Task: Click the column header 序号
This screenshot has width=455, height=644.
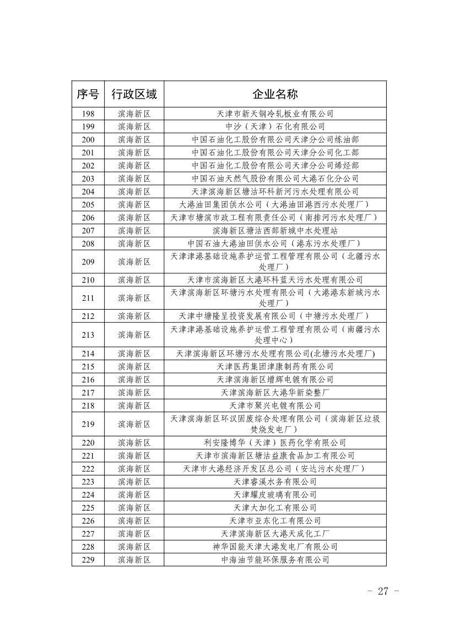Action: (88, 94)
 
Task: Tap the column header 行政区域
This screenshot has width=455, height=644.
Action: (134, 94)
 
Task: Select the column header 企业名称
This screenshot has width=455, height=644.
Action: (275, 94)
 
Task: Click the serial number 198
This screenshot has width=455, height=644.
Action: (88, 114)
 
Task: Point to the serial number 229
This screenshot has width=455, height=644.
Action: (88, 560)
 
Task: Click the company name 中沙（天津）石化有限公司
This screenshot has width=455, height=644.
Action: (275, 127)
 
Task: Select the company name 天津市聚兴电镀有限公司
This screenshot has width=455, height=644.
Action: (275, 405)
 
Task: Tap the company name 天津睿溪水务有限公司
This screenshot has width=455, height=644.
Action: (275, 481)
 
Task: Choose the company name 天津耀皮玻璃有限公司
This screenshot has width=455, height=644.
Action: (275, 495)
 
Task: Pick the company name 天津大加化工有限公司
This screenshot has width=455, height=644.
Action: (275, 507)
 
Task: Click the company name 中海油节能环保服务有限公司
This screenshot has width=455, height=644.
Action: (275, 560)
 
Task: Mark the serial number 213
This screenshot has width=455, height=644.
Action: (88, 334)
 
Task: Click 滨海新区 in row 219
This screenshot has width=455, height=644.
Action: (134, 424)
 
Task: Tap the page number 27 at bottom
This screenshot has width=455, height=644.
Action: (382, 592)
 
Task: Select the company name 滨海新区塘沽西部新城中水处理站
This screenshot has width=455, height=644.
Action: (275, 230)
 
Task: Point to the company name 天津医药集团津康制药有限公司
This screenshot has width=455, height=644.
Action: (275, 366)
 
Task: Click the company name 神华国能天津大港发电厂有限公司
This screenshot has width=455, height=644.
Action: (275, 546)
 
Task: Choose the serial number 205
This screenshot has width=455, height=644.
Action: (88, 204)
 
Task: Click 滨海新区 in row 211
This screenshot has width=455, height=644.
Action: (134, 298)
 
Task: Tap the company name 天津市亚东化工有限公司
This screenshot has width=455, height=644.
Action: (275, 521)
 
